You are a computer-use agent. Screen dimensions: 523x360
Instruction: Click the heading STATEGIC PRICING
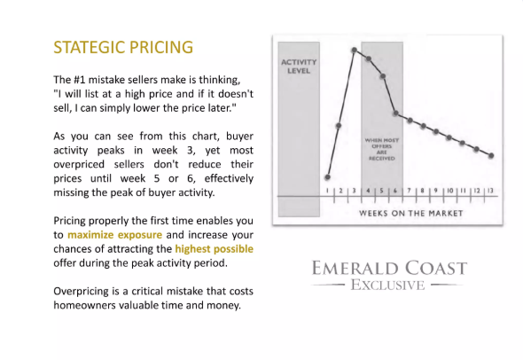[x=123, y=47]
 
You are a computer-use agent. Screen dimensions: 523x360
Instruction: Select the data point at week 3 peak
[x=355, y=50]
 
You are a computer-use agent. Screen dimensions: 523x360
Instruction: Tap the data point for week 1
[x=328, y=177]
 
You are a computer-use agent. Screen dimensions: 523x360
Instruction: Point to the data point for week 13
[x=491, y=155]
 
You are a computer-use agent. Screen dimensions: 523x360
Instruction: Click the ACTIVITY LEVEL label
[x=299, y=67]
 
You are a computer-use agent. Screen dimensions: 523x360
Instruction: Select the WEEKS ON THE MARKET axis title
[x=411, y=213]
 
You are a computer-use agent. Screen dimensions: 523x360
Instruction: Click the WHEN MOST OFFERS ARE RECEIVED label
[x=382, y=149]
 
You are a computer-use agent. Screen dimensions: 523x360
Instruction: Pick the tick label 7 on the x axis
[x=409, y=191]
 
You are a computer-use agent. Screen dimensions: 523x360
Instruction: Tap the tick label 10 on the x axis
[x=450, y=191]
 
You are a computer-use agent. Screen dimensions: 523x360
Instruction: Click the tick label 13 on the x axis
[x=490, y=191]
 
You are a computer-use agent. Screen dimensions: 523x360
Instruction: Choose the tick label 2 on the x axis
[x=341, y=191]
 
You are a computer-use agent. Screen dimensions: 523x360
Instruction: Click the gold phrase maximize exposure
[x=114, y=235]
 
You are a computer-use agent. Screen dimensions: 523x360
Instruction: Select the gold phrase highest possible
[x=215, y=249]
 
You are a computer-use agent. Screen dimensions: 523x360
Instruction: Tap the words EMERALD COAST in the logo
[x=389, y=269]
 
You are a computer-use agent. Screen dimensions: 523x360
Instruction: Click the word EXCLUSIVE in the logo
[x=387, y=286]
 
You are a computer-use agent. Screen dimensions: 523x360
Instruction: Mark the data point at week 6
[x=395, y=113]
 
